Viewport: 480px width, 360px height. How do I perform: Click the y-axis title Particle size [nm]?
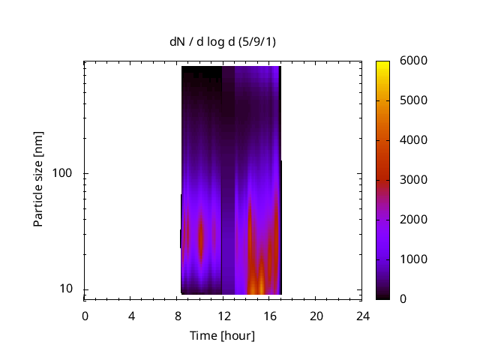tap(38, 180)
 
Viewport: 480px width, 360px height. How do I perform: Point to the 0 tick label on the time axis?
tap(85, 316)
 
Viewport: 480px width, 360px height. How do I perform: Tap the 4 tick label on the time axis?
tap(131, 316)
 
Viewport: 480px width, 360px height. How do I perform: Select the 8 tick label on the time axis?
tap(178, 316)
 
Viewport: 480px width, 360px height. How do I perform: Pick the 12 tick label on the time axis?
tap(223, 316)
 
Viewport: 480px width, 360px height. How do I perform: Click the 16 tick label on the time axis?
tap(270, 316)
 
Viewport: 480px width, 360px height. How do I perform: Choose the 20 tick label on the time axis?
tap(316, 316)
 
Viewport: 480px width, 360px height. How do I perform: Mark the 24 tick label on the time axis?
tap(363, 316)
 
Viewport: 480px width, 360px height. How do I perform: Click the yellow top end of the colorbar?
tap(382, 63)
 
